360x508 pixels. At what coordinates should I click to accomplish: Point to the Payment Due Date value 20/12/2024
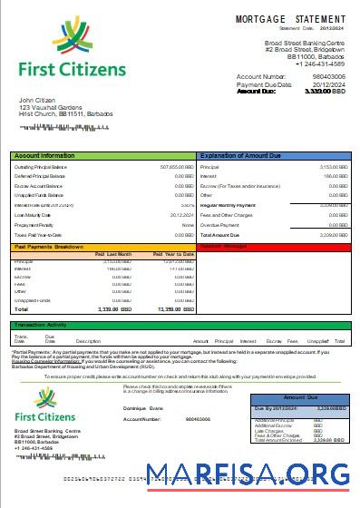pos(330,84)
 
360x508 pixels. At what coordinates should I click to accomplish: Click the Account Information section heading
pos(44,156)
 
